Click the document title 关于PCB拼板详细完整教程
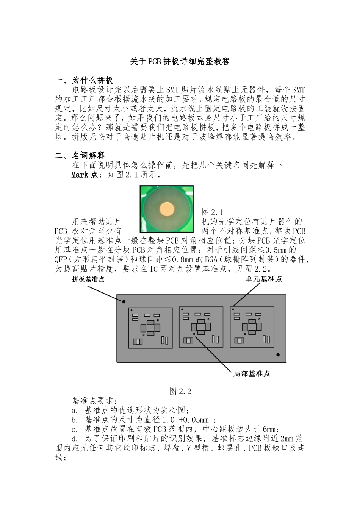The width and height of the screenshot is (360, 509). coord(180,61)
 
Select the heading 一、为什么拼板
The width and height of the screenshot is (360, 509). coord(84,80)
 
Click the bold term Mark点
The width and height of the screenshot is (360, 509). coord(85,175)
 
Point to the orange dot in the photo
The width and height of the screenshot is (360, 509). coord(167,209)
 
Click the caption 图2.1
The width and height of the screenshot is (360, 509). coord(213,212)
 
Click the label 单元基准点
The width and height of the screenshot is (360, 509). coord(264,279)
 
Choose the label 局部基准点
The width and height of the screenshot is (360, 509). coord(252,374)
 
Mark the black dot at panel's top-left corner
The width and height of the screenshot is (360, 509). coord(124,302)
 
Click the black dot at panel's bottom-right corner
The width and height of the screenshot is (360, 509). coord(278,355)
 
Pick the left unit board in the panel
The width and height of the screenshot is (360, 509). coord(150,328)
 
